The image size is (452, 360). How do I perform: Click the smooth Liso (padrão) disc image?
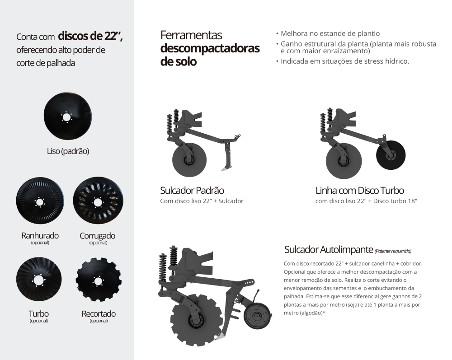pos(68,117)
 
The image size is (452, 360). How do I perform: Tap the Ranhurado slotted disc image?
pos(40,201)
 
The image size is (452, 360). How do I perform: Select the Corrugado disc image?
pos(98,201)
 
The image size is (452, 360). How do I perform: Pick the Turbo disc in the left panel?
pos(39,279)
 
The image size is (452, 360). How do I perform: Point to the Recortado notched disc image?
pos(99,280)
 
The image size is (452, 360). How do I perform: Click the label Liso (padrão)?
pos(68,151)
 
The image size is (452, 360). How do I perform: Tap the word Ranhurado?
pos(40,236)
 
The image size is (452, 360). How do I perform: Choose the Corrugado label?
pos(98,236)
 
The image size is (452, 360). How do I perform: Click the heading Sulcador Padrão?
pos(192,190)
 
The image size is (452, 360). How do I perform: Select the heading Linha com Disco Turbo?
pos(360,190)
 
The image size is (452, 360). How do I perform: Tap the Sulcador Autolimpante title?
pos(329,249)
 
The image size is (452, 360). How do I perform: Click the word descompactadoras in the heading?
pos(210,48)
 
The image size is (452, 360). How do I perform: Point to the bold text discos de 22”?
pos(90,36)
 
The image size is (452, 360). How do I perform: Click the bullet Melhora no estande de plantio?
pos(330,33)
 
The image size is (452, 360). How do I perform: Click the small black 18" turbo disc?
pos(391,155)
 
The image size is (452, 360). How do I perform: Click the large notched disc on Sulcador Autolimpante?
pos(197,320)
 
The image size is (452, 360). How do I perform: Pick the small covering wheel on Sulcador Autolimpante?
pos(258,316)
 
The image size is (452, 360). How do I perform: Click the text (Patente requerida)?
pos(393,251)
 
